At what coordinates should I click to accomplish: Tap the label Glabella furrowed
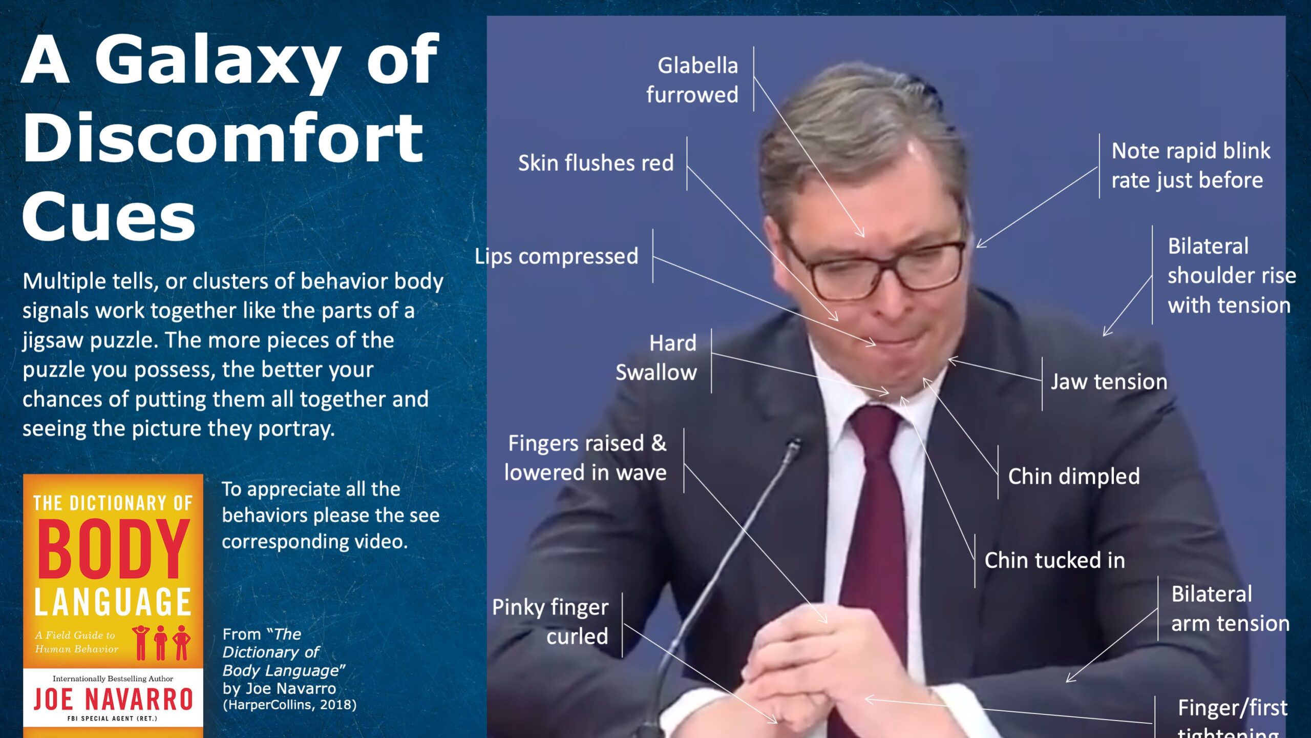pos(692,80)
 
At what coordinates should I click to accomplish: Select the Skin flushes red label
pos(596,163)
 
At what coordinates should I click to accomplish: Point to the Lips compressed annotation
pos(556,256)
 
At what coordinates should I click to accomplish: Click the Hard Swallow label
pos(656,358)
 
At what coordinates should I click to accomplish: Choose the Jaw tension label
pos(1109,382)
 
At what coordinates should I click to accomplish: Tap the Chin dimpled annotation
pos(1074,476)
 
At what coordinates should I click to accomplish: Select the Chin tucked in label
pos(1054,560)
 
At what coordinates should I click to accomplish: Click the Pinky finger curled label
pos(551,622)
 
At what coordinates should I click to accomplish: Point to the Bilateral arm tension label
pos(1230,609)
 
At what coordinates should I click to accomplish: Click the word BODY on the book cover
pos(113,549)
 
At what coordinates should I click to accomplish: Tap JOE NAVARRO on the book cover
pos(113,700)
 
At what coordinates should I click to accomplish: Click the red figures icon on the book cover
pos(161,642)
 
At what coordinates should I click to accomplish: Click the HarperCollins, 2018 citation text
pos(289,705)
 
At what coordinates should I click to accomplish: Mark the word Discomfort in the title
pos(223,139)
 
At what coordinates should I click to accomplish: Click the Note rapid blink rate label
pos(1191,166)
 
